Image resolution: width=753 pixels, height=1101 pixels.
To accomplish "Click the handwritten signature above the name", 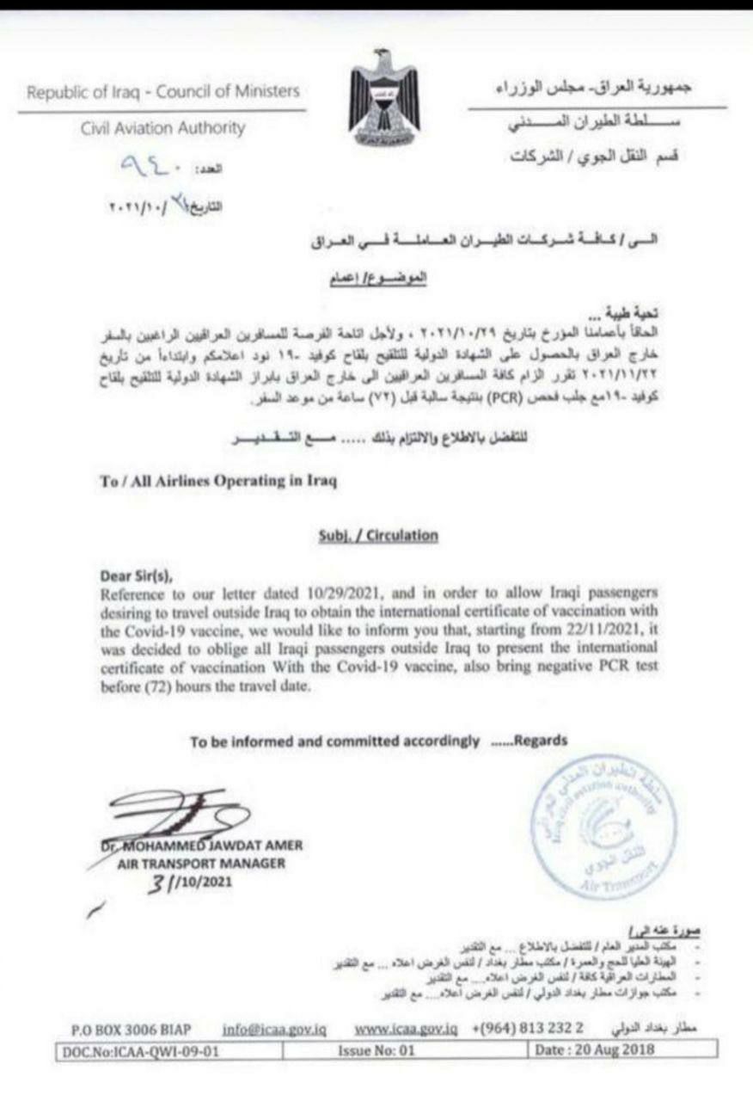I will [185, 812].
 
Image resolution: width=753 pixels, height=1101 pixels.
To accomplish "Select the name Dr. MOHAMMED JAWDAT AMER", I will [205, 846].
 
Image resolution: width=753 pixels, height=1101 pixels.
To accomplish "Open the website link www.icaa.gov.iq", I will [405, 1029].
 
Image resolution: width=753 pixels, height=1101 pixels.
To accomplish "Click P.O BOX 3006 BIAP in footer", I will [131, 1029].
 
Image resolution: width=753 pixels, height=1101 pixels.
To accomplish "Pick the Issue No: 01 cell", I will [378, 1049].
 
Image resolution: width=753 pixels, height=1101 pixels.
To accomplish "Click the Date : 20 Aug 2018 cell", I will [595, 1049].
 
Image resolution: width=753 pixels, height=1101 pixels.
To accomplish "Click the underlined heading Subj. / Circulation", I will [377, 535].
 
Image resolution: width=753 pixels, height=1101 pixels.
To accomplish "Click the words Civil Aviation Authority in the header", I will [162, 129].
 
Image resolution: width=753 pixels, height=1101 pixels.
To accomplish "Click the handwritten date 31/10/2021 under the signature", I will [193, 883].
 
